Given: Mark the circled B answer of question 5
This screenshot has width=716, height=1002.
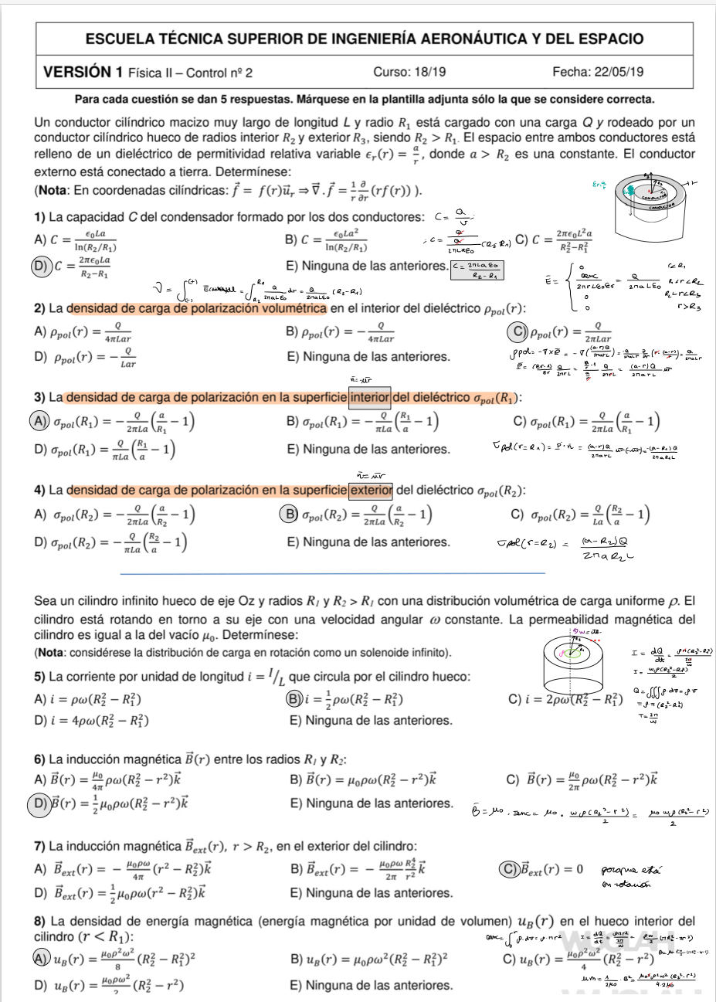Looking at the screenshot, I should tap(293, 700).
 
